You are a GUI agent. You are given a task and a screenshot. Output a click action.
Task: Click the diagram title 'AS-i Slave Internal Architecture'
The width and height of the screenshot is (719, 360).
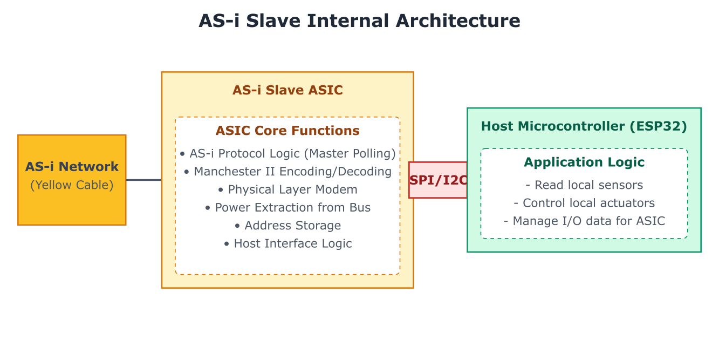[x=359, y=21]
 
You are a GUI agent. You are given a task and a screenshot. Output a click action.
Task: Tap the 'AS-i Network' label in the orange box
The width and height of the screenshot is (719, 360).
[x=72, y=167]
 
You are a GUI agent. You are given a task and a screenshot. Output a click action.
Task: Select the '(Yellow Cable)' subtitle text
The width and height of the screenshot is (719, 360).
[x=72, y=185]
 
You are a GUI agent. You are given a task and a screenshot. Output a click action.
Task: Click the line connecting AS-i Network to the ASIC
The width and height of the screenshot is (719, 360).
[x=144, y=180]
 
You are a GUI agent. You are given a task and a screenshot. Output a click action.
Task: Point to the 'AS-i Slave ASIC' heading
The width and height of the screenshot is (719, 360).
[x=287, y=90]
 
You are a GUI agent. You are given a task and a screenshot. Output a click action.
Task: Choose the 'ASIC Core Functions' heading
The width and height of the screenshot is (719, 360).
[x=287, y=131]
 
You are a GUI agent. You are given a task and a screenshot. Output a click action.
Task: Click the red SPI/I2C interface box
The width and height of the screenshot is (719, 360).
[x=438, y=180]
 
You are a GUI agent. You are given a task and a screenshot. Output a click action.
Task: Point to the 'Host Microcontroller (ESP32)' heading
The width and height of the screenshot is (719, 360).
[x=584, y=126]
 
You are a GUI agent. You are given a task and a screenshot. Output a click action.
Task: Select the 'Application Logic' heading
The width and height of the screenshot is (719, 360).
[x=584, y=162]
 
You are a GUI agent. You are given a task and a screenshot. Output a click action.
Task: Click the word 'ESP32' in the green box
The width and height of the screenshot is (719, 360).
[x=658, y=126]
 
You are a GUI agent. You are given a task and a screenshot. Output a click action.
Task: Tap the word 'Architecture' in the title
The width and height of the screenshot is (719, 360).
[x=458, y=21]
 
